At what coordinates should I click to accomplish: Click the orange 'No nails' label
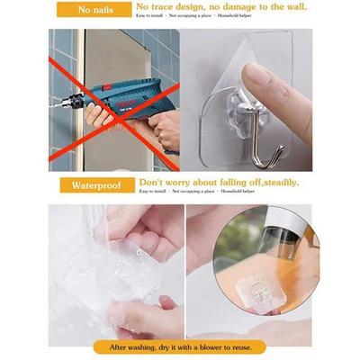tap(94, 9)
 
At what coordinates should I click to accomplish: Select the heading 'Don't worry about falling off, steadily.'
tap(219, 182)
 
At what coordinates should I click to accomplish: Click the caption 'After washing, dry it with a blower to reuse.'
tap(181, 346)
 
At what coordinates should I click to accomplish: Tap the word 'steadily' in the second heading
tap(275, 182)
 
